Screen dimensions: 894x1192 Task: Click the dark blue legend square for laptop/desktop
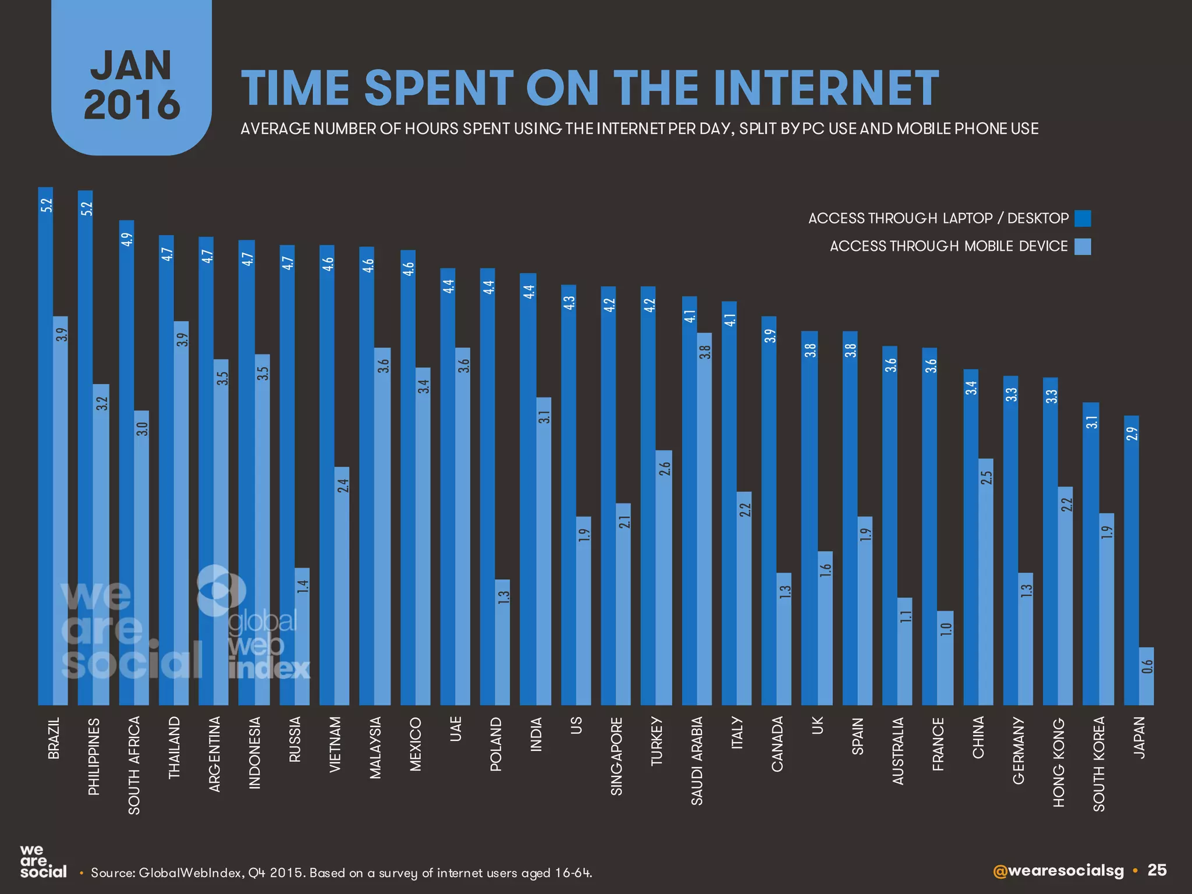coord(1083,218)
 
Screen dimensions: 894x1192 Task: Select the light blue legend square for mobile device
coord(1083,247)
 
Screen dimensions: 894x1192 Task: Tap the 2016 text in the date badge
coord(132,105)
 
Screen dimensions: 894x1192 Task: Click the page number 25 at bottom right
coord(1157,870)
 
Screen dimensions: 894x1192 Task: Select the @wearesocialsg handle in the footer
coord(1058,871)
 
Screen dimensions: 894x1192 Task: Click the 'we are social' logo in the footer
coord(43,862)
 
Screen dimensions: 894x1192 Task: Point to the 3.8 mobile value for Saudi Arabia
coord(705,353)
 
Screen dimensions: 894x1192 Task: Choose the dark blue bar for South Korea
coord(1091,553)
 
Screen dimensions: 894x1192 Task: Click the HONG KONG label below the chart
coord(1059,762)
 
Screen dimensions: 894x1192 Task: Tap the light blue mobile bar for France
coord(945,658)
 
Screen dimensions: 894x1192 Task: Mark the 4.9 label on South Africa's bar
coord(127,239)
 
